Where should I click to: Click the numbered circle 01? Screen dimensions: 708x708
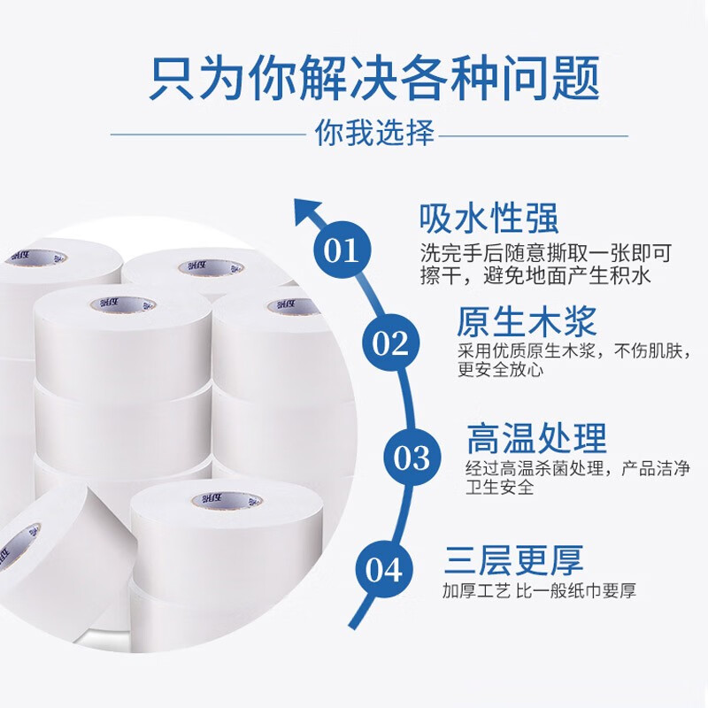[342, 250]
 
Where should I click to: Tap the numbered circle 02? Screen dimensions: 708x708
[391, 342]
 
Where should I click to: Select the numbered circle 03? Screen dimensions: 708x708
[412, 457]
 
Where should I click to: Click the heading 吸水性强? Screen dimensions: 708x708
[489, 219]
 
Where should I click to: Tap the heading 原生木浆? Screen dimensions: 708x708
[526, 321]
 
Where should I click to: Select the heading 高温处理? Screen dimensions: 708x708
[537, 437]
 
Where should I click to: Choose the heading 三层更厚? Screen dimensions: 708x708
[513, 560]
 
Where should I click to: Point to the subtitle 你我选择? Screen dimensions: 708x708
[374, 133]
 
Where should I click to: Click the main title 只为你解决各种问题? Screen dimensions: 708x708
[374, 78]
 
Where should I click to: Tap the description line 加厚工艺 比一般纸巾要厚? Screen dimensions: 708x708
[540, 590]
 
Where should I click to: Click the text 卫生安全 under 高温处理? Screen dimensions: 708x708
[499, 488]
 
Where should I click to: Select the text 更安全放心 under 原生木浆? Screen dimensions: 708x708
[500, 370]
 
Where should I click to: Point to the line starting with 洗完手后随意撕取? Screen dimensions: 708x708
[546, 253]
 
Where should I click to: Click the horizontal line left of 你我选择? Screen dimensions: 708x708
[209, 135]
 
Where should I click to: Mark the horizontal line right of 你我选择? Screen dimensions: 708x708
[534, 135]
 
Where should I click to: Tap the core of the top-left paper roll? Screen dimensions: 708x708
[36, 258]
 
